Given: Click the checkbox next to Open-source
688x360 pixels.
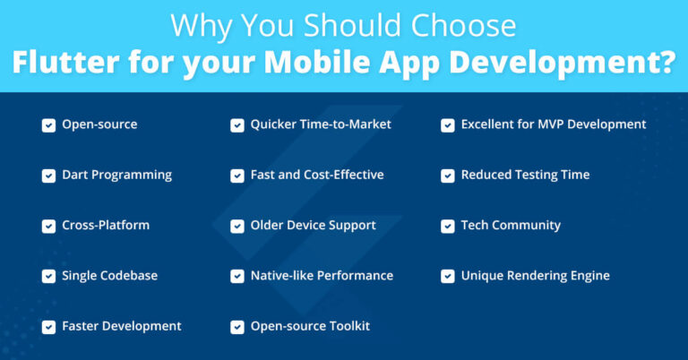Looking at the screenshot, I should (x=48, y=124).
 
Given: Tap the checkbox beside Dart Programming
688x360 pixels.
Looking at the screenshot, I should (x=48, y=175).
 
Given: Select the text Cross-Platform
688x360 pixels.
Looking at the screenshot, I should (x=106, y=225).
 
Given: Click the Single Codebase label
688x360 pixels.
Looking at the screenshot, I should (x=109, y=276).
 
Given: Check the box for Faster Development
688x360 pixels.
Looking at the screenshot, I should (x=48, y=326).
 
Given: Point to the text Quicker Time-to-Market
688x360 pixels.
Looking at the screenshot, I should (x=321, y=124).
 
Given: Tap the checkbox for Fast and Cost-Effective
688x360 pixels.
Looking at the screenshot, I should (x=236, y=175).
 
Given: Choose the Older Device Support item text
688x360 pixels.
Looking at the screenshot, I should (x=313, y=225).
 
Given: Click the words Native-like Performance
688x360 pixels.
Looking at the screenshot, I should (x=322, y=276).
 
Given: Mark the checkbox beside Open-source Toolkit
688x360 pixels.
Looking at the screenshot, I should (x=236, y=326).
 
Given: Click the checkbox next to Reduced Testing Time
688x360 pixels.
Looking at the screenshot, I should (x=447, y=175).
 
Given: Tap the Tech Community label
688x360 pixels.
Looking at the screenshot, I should (x=511, y=225).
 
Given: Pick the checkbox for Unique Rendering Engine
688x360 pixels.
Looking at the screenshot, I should (x=447, y=276).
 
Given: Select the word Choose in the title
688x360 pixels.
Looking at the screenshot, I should (x=467, y=25).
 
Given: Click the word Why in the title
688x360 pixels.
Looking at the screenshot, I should (x=196, y=25).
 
